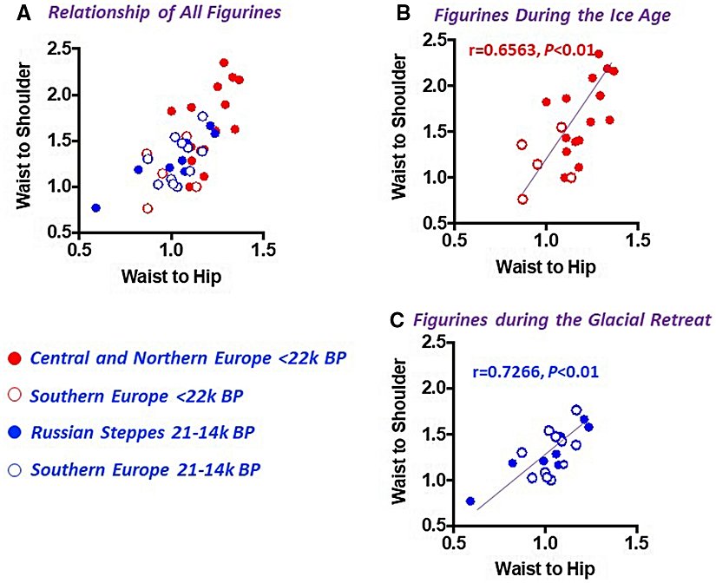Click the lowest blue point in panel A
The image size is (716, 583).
coord(95,208)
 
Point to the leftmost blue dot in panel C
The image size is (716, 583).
coord(470,501)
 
